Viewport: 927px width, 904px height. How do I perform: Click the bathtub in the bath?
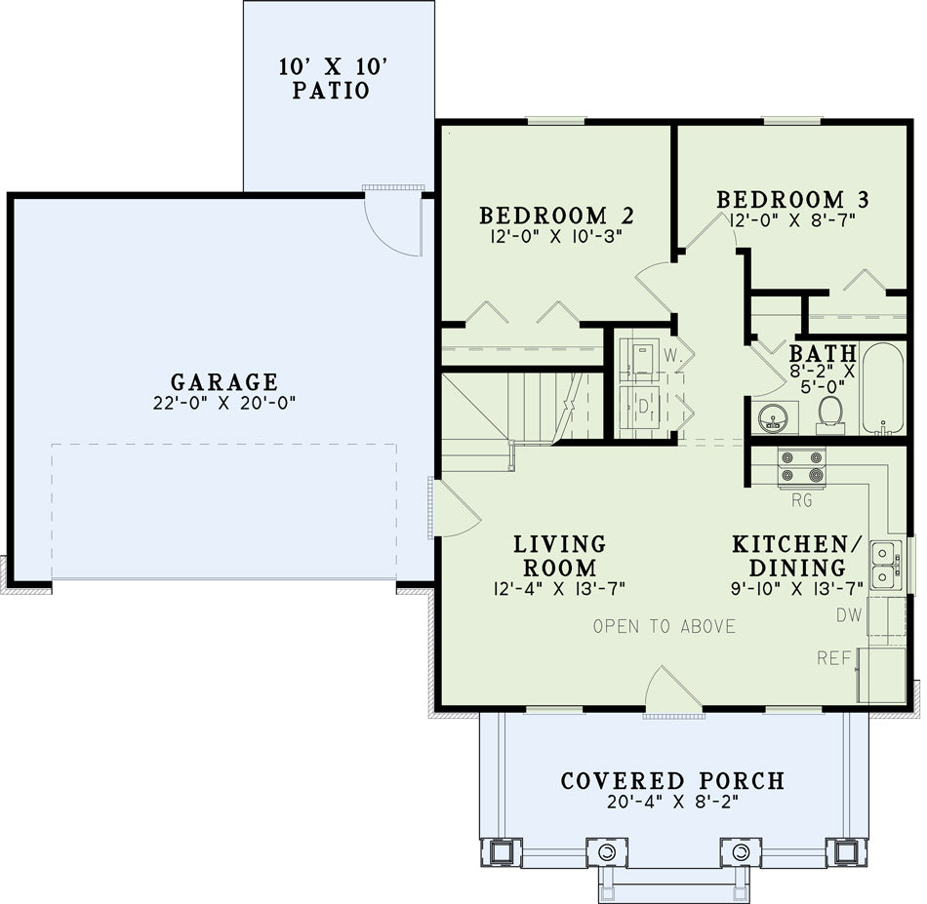pyautogui.click(x=883, y=388)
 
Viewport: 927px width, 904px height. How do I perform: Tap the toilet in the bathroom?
pyautogui.click(x=830, y=414)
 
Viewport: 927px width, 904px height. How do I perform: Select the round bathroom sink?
pyautogui.click(x=772, y=418)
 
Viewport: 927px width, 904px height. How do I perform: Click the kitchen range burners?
pyautogui.click(x=802, y=467)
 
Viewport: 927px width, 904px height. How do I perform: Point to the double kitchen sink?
pyautogui.click(x=886, y=566)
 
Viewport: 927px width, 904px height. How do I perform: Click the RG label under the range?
pyautogui.click(x=802, y=500)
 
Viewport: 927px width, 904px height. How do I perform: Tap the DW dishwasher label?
pyautogui.click(x=849, y=615)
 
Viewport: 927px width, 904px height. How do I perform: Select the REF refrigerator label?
pyautogui.click(x=834, y=657)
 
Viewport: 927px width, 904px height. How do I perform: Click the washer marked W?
pyautogui.click(x=640, y=359)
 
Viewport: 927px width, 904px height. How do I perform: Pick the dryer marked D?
pyautogui.click(x=640, y=407)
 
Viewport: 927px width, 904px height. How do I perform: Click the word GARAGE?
pyautogui.click(x=224, y=381)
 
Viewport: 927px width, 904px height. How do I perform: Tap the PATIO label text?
pyautogui.click(x=331, y=91)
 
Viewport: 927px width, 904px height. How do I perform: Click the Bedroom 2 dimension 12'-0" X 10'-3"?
pyautogui.click(x=556, y=236)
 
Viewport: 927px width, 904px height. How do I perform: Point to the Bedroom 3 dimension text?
pyautogui.click(x=793, y=220)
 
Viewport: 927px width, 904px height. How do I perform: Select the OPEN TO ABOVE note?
pyautogui.click(x=665, y=626)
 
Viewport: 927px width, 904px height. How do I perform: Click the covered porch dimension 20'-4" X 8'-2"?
pyautogui.click(x=673, y=802)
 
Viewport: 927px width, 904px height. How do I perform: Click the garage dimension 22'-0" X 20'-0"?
pyautogui.click(x=224, y=403)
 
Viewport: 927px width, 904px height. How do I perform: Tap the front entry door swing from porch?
pyautogui.click(x=673, y=689)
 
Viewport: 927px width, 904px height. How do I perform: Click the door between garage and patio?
pyautogui.click(x=393, y=221)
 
